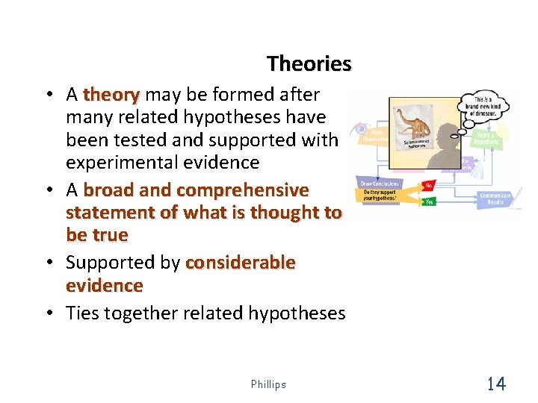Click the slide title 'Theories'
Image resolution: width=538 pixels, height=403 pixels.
tap(309, 64)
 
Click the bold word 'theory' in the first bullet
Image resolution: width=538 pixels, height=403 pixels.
tap(111, 95)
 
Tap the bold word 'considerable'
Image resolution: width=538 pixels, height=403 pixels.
tap(240, 263)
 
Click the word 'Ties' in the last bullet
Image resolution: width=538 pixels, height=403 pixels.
tap(82, 313)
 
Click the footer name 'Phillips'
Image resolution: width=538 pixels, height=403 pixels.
tap(268, 384)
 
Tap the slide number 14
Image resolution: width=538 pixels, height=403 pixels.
tap(495, 384)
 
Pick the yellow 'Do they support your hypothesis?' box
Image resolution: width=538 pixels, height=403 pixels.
tap(381, 196)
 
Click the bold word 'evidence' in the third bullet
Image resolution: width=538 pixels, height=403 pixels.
tap(104, 286)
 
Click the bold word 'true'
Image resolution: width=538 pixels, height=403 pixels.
tap(108, 235)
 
